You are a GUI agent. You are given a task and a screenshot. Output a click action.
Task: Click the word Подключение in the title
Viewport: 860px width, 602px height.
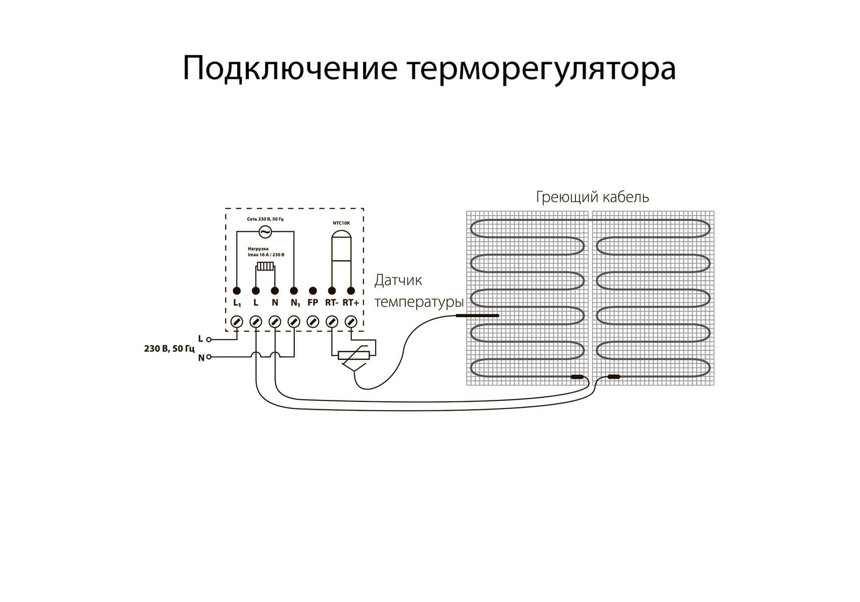tap(290, 69)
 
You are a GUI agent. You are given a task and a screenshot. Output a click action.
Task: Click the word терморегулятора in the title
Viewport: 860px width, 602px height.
tap(542, 69)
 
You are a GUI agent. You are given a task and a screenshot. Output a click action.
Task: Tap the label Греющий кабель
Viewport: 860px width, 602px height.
tap(592, 197)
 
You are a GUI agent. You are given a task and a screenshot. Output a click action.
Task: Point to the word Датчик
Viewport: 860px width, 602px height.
tap(398, 280)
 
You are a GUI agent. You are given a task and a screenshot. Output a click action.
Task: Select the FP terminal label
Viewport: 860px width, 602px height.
tap(312, 303)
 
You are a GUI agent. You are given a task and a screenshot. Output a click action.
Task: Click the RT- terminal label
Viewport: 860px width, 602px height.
tap(331, 303)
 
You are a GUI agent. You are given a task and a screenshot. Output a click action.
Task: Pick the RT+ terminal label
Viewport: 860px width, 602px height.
tap(351, 303)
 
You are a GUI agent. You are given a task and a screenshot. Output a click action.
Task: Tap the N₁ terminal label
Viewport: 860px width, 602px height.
tap(295, 303)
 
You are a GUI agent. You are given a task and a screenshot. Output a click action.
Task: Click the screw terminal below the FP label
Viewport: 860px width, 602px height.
tap(313, 322)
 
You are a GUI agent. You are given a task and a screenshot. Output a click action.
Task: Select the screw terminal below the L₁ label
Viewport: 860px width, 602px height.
tap(237, 322)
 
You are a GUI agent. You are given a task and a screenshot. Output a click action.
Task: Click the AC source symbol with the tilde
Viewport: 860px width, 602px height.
tap(265, 231)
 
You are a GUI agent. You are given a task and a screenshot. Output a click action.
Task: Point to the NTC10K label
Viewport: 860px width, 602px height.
tap(341, 223)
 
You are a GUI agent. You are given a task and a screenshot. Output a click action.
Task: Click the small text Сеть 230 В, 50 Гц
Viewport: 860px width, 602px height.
tap(265, 219)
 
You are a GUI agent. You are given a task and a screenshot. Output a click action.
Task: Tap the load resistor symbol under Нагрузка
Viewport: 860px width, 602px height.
tap(265, 266)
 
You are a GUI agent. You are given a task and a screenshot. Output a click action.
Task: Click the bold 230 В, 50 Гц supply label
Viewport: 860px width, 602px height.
tap(169, 348)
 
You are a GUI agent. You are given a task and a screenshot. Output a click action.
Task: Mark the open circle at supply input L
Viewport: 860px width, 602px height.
tap(209, 340)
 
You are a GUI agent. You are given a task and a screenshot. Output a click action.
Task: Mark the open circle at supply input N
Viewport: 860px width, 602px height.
tap(209, 357)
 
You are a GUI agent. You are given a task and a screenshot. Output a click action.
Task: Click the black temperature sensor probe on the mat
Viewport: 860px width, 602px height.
tap(477, 316)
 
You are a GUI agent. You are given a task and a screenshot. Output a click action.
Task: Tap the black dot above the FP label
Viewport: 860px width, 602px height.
tap(313, 290)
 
